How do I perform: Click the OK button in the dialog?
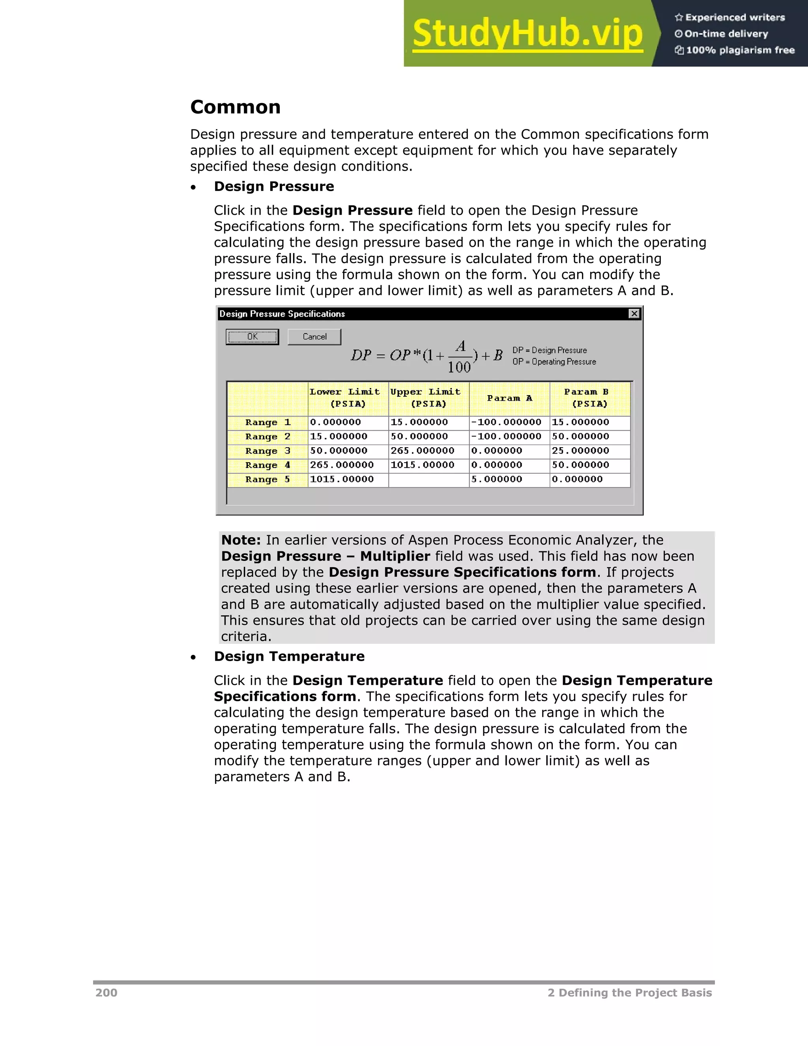252,337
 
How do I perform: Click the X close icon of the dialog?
634,314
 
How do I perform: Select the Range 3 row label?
267,451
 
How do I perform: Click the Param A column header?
509,398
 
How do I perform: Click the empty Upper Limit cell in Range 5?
428,480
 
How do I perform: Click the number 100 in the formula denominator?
459,367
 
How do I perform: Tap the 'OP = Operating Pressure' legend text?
554,362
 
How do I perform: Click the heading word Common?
236,107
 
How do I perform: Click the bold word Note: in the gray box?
241,540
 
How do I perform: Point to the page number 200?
106,993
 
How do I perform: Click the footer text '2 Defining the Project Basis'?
629,993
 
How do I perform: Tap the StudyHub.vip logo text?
527,34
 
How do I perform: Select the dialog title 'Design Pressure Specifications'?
282,314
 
